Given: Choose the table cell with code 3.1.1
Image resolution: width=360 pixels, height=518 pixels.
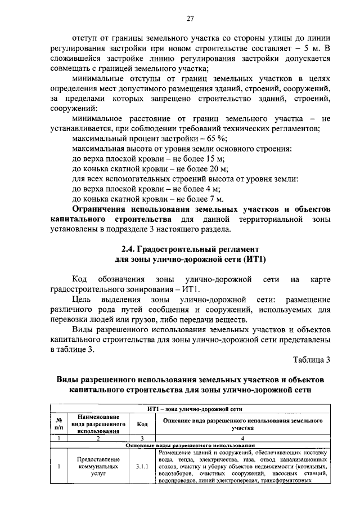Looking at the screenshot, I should pos(142,467).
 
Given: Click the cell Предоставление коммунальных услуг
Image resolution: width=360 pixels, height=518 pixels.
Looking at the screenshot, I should pos(98,467).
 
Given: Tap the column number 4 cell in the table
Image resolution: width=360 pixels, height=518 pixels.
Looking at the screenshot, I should pos(242,437).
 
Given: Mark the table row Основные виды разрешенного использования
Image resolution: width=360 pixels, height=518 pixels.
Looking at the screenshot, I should pos(191,444).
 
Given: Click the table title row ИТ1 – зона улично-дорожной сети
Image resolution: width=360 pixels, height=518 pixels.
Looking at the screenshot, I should pos(191,409).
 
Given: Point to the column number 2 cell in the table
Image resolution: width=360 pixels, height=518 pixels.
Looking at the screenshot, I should pos(98,437).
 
